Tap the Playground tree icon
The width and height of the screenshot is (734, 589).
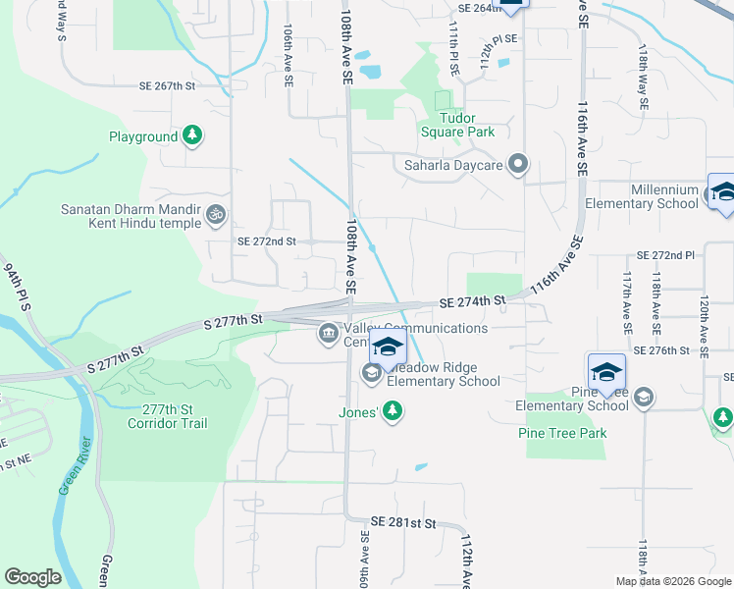click(194, 136)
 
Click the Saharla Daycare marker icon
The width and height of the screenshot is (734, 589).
click(518, 165)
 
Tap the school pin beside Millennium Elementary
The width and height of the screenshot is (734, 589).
click(723, 191)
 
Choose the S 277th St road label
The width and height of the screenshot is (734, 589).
click(234, 321)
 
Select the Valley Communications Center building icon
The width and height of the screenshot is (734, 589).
click(327, 336)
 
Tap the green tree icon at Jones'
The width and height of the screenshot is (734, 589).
click(393, 410)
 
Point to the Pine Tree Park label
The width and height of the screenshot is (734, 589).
click(563, 433)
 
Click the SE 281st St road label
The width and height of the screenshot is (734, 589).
click(402, 524)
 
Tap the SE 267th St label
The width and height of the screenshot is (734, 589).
click(168, 85)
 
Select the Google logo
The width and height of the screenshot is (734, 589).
click(32, 577)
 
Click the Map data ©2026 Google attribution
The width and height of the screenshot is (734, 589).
click(672, 581)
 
